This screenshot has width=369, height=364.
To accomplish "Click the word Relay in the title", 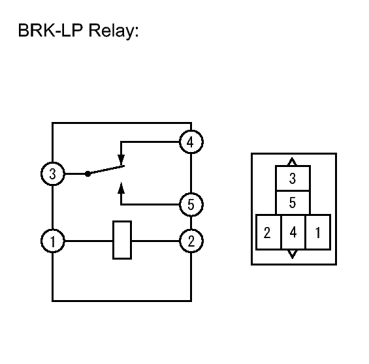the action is coord(113,31).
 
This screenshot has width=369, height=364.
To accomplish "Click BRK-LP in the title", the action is coord(50,30).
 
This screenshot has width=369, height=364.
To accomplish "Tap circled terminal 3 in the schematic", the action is coord(53,174).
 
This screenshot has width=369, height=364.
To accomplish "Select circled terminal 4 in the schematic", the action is coord(191,142).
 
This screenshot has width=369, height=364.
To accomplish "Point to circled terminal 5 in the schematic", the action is coord(191,204).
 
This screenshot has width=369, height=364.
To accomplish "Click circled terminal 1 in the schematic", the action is coord(53,241).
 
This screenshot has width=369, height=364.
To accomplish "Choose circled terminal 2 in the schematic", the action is coord(191,241).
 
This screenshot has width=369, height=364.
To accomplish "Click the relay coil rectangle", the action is coord(122,240).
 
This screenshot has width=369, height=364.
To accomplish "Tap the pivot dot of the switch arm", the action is coord(88,174).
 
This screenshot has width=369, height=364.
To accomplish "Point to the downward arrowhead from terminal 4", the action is coord(121,160).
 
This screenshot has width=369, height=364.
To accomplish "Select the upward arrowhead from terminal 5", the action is coord(121,188).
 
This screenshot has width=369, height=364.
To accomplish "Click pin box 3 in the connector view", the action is coord(293,178).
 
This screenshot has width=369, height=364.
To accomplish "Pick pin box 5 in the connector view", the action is coord(293,203).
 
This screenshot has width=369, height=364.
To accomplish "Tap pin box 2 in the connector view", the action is coord(268,232).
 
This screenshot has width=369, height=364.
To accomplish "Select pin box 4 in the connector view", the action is coord(293,232).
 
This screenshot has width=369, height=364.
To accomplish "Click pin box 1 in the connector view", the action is coord(318,232).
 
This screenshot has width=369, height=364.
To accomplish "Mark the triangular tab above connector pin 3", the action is coord(293,162).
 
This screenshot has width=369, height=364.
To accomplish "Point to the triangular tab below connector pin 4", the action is coord(293,254).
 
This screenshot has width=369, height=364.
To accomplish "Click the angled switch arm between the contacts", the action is coord(106,170).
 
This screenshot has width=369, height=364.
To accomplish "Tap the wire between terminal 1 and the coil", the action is coord(88,241).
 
